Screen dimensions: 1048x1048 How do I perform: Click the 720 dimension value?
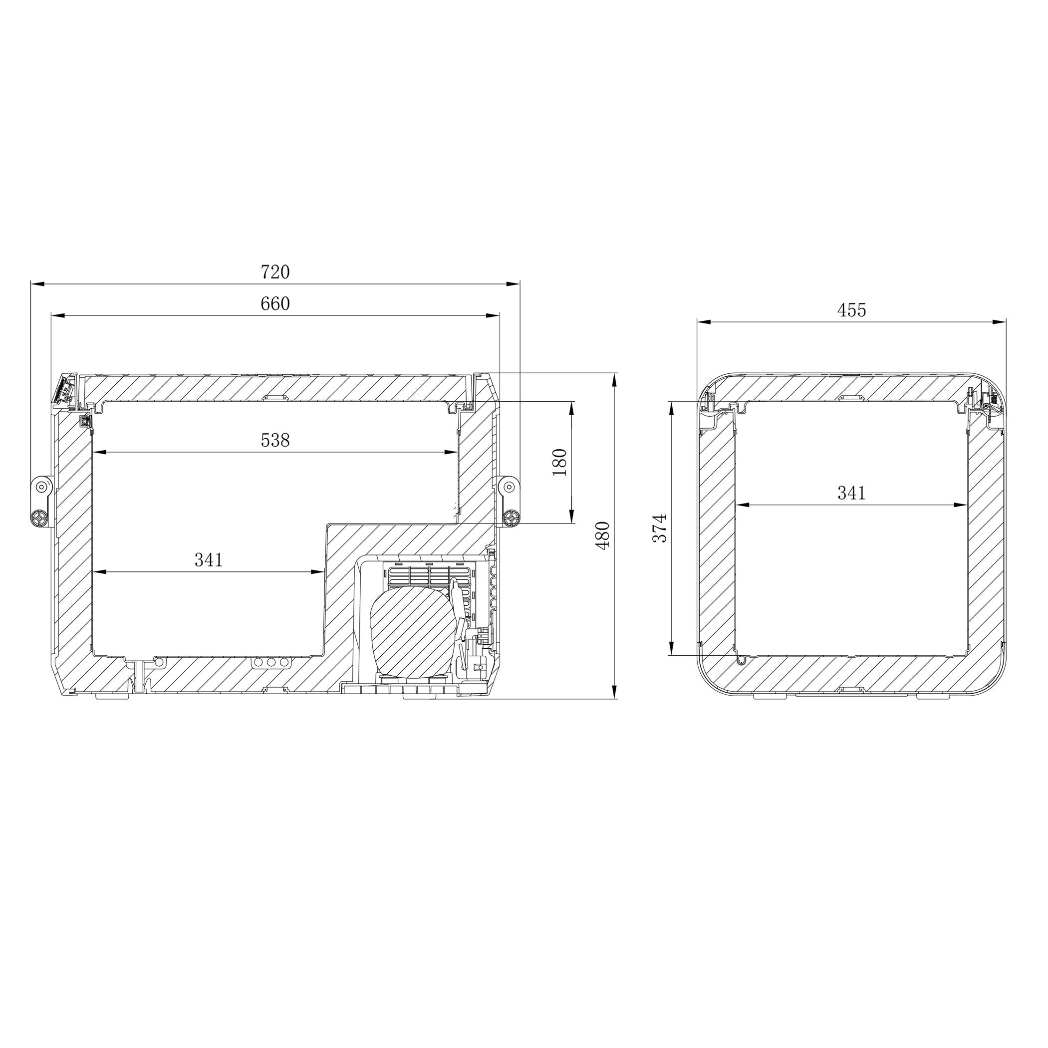(275, 272)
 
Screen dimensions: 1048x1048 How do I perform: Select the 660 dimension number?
(275, 304)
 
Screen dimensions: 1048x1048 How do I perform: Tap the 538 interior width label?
(275, 440)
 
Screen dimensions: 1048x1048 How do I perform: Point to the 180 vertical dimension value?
(559, 462)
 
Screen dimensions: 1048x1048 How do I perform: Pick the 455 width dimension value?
(852, 310)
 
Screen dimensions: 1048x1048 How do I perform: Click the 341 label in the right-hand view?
(852, 493)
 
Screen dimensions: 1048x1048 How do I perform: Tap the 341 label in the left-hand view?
(209, 560)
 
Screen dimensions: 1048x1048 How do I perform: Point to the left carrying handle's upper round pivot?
(41, 487)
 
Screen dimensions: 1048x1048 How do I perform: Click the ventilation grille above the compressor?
(429, 575)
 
